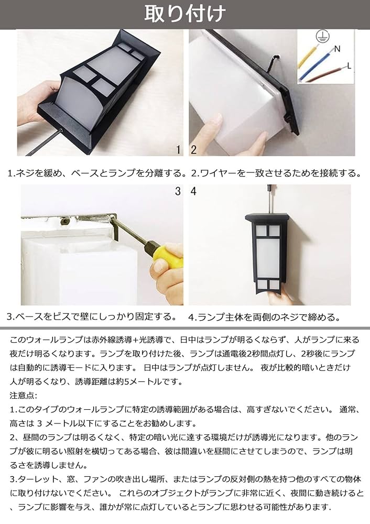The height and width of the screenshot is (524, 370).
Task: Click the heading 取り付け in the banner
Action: pyautogui.click(x=185, y=13)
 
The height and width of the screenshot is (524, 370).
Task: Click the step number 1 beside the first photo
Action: pyautogui.click(x=178, y=150)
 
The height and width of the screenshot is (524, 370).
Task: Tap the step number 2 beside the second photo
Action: pyautogui.click(x=193, y=150)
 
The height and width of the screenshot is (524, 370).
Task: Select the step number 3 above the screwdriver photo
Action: pyautogui.click(x=178, y=192)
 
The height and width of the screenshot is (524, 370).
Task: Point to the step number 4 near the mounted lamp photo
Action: pyautogui.click(x=193, y=192)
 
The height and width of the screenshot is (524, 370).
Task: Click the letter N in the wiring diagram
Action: pyautogui.click(x=337, y=49)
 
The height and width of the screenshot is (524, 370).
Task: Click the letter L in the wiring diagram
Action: pyautogui.click(x=349, y=66)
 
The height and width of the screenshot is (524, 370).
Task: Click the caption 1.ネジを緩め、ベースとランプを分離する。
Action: pyautogui.click(x=97, y=172)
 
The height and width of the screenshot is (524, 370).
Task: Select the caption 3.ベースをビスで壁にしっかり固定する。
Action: pyautogui.click(x=91, y=316)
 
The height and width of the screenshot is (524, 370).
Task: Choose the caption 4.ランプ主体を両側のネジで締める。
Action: pyautogui.click(x=264, y=316)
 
